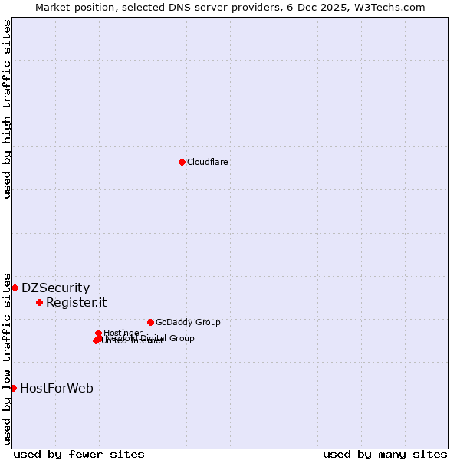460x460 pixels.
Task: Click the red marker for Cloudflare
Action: pyautogui.click(x=182, y=162)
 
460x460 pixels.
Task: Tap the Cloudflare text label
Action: pyautogui.click(x=207, y=162)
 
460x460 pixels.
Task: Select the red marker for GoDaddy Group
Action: pyautogui.click(x=150, y=322)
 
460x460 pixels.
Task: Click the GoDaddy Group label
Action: pyautogui.click(x=188, y=322)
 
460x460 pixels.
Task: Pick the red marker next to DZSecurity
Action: pyautogui.click(x=15, y=287)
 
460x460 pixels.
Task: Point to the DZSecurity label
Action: pyautogui.click(x=55, y=288)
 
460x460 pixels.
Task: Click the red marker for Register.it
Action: pyautogui.click(x=39, y=302)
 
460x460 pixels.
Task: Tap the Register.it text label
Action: pyautogui.click(x=76, y=302)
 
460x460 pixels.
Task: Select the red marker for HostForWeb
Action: pyautogui.click(x=13, y=388)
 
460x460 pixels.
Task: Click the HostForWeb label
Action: pyautogui.click(x=57, y=388)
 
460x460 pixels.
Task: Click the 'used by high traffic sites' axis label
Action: pyautogui.click(x=7, y=109)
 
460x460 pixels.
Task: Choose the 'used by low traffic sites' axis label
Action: pyautogui.click(x=7, y=359)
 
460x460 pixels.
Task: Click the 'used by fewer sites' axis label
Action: pyautogui.click(x=79, y=454)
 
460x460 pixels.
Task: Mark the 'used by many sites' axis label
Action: pyautogui.click(x=385, y=454)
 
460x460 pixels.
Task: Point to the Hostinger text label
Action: pyautogui.click(x=123, y=333)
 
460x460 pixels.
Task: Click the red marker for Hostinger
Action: pyautogui.click(x=98, y=333)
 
